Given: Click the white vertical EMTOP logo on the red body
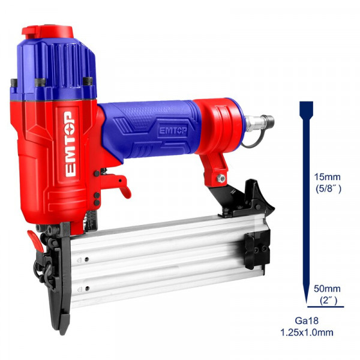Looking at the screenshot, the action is (70, 144).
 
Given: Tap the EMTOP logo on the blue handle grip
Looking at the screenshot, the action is (173, 130).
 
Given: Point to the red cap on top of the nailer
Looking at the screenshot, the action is (48, 32).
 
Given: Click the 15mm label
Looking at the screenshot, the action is (328, 177).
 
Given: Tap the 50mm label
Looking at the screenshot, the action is (327, 289).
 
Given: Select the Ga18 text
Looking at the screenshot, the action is (307, 321).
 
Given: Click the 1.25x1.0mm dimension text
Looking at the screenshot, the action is (307, 332).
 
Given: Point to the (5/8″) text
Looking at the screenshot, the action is (329, 189).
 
